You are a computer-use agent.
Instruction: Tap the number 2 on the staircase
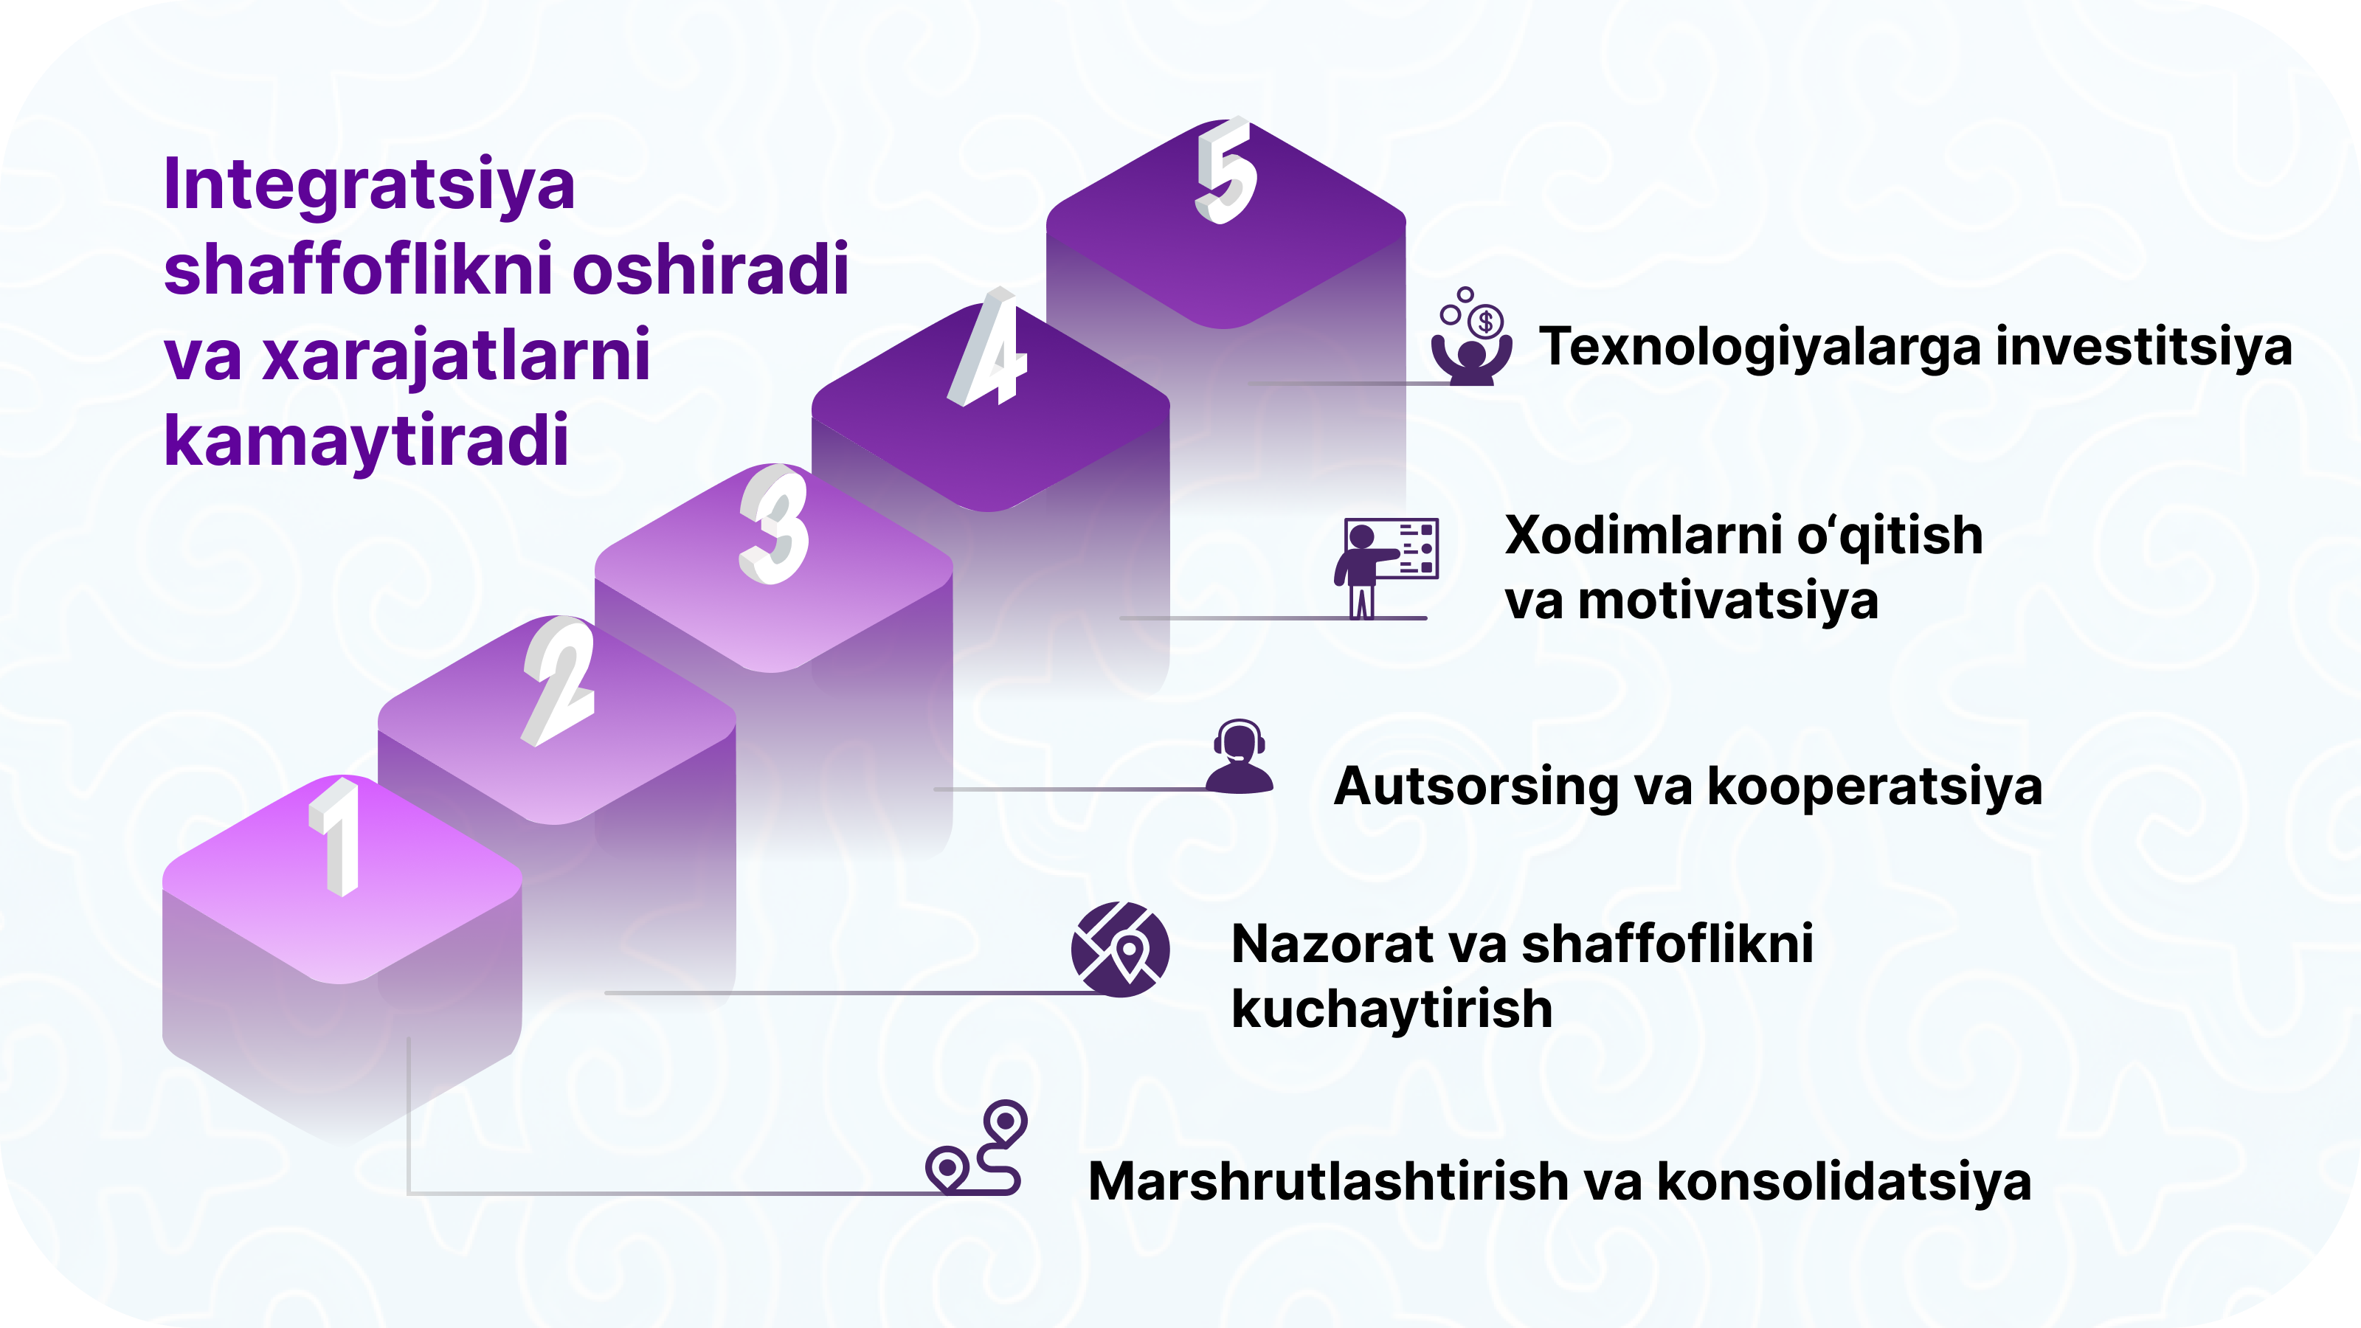(x=559, y=681)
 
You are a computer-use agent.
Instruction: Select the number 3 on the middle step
(x=775, y=525)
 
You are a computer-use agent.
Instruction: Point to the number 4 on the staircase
(x=988, y=348)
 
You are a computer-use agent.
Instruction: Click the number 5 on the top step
(x=1226, y=170)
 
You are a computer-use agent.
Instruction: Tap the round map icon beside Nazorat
(x=1120, y=950)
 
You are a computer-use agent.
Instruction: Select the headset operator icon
(x=1240, y=756)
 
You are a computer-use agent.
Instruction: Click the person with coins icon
(x=1472, y=337)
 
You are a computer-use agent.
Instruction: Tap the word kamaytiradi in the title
(x=367, y=442)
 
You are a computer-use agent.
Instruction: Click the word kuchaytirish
(x=1392, y=1009)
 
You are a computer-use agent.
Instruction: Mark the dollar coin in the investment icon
(x=1487, y=322)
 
